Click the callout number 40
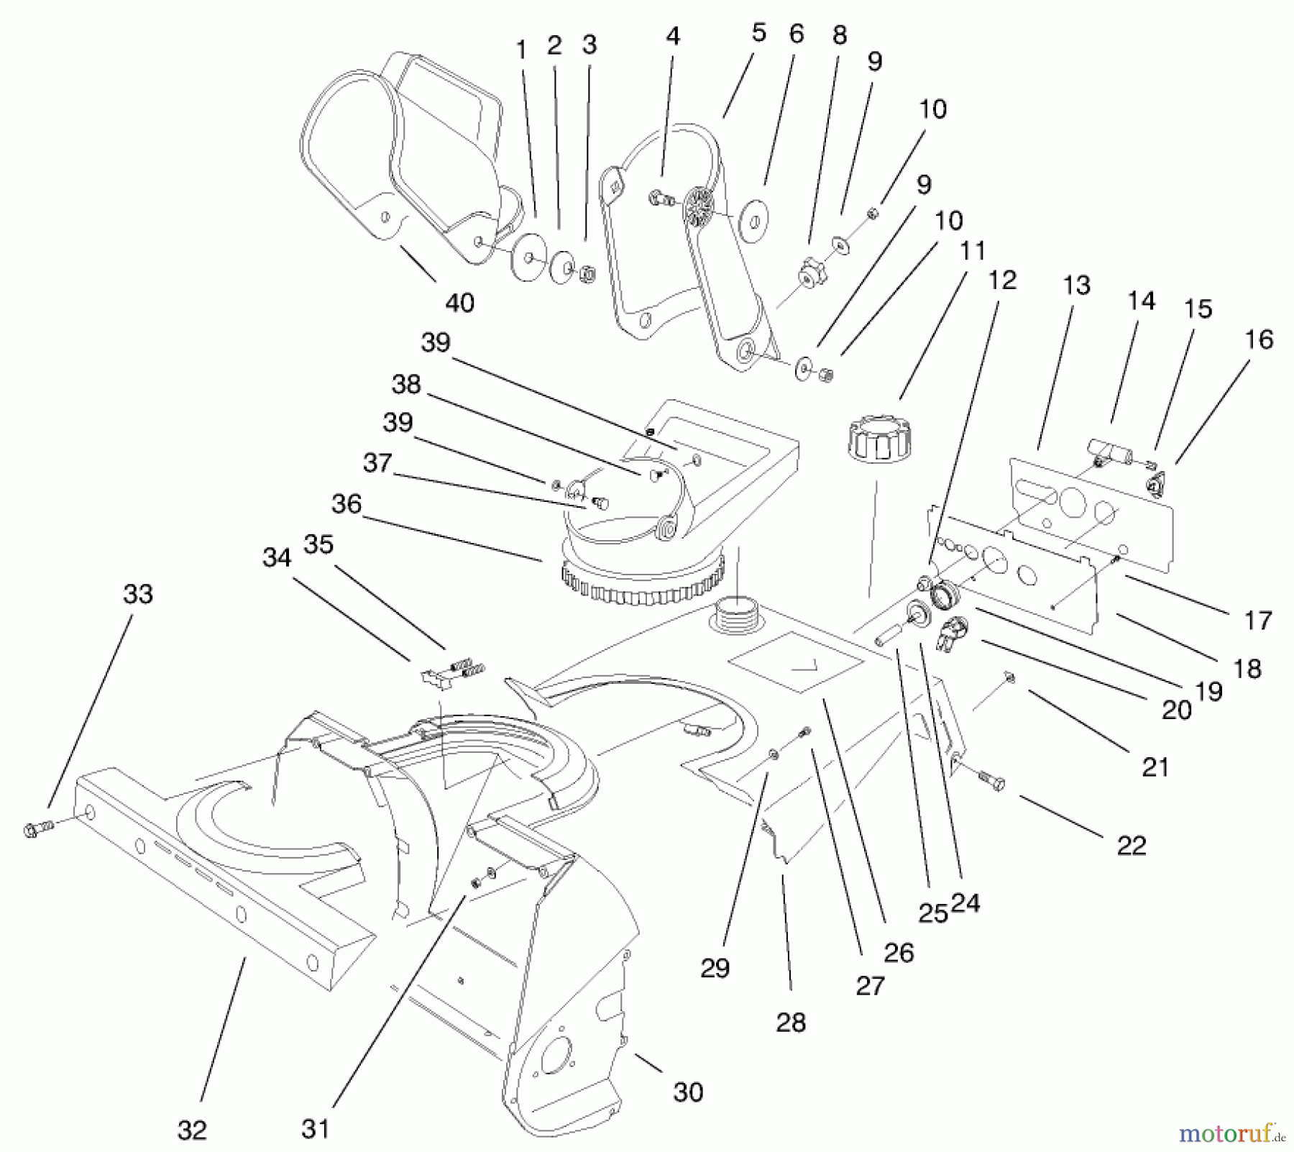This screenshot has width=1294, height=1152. pyautogui.click(x=459, y=303)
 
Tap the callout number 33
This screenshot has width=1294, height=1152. pyautogui.click(x=138, y=594)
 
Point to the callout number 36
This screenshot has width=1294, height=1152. pyautogui.click(x=346, y=503)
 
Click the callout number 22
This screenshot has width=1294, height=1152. pyautogui.click(x=1131, y=846)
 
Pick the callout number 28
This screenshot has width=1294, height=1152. pyautogui.click(x=791, y=1022)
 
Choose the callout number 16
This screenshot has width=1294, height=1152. pyautogui.click(x=1258, y=339)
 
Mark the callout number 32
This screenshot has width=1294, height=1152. pyautogui.click(x=192, y=1130)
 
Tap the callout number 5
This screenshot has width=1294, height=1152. pyautogui.click(x=759, y=33)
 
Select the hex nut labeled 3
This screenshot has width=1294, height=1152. pyautogui.click(x=585, y=274)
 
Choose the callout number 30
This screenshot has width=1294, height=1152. pyautogui.click(x=687, y=1092)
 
